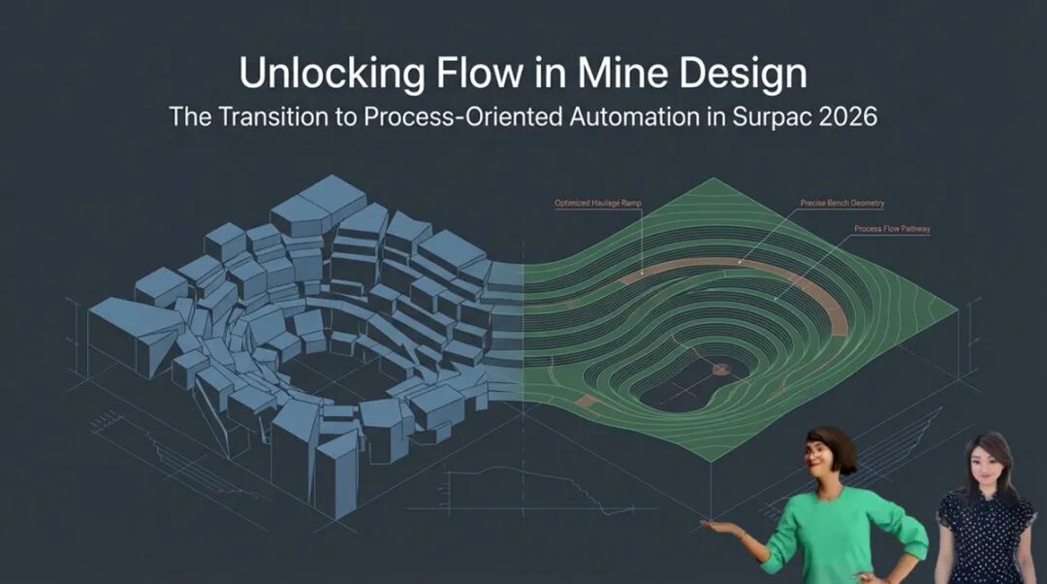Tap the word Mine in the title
(x=635, y=75)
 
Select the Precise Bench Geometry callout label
(x=841, y=203)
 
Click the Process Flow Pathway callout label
(x=891, y=229)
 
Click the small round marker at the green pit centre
(x=720, y=369)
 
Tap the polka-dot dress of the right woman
(x=983, y=543)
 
